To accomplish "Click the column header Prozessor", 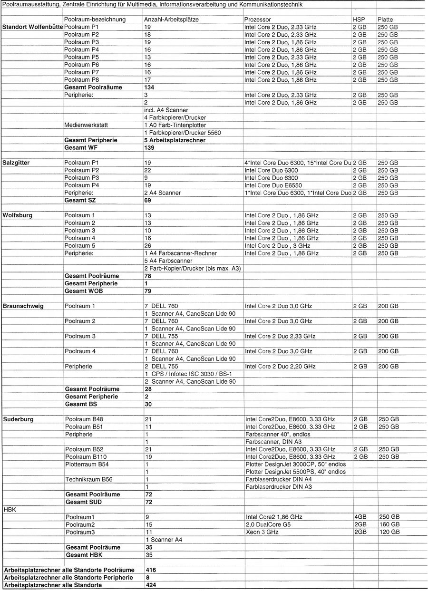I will (257, 20).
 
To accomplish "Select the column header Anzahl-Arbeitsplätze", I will (171, 20).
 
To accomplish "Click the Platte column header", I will (385, 20).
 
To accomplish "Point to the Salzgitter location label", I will (16, 163).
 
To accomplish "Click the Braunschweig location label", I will (23, 306).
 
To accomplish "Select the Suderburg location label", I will (19, 419).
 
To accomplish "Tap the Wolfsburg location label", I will (18, 215).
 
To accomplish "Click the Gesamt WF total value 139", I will (149, 148).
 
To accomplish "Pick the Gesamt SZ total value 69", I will (147, 201).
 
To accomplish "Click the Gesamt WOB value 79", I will (147, 291).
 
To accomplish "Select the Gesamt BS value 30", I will (147, 404).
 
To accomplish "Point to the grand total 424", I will (151, 585).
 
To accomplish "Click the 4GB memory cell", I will (359, 517).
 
